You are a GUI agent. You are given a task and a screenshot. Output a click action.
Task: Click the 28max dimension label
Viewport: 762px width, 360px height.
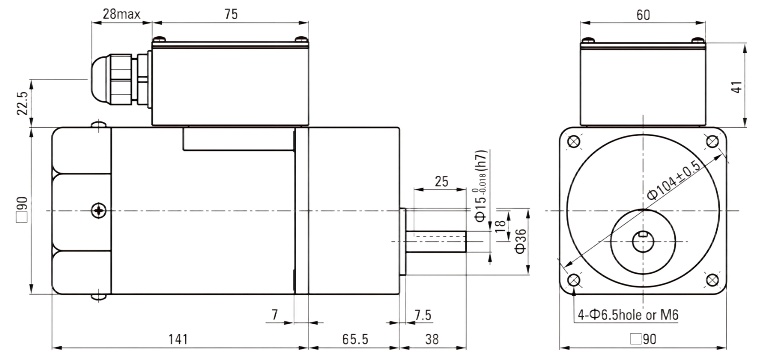[121, 14]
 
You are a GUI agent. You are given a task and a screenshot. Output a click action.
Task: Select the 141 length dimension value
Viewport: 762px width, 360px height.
[178, 339]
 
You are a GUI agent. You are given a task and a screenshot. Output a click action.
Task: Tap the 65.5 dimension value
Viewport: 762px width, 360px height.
[355, 339]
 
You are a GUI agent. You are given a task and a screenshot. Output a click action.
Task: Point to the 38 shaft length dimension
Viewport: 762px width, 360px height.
[432, 339]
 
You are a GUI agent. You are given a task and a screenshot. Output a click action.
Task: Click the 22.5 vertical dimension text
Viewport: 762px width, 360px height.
[22, 103]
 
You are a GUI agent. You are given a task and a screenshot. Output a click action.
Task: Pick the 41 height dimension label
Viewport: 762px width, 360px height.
[736, 87]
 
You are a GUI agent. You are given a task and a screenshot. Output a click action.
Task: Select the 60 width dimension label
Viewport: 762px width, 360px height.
[643, 15]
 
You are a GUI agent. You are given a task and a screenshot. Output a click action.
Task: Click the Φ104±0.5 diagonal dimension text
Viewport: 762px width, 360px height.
[673, 180]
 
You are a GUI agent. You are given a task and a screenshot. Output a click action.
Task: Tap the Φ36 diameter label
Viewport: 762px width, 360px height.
[521, 241]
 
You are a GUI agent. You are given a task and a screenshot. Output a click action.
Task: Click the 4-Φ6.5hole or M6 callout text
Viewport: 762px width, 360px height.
[628, 315]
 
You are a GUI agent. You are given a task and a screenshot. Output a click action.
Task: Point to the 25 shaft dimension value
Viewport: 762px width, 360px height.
[441, 182]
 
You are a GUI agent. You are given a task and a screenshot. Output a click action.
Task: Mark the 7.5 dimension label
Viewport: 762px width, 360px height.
[423, 315]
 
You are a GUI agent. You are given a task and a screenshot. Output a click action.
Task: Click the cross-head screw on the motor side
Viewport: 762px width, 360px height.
[99, 210]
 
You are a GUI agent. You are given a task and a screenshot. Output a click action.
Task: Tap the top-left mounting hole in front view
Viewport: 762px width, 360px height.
[574, 141]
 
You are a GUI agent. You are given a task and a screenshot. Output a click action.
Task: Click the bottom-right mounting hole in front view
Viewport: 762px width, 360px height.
[712, 280]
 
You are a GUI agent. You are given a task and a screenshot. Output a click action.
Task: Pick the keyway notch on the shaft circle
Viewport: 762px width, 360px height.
[643, 234]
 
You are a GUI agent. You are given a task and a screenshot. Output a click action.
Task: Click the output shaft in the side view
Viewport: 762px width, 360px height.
[436, 241]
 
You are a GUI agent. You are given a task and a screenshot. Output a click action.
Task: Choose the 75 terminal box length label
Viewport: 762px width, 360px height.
[231, 14]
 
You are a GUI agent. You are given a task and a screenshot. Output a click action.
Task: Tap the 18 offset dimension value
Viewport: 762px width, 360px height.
[500, 226]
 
